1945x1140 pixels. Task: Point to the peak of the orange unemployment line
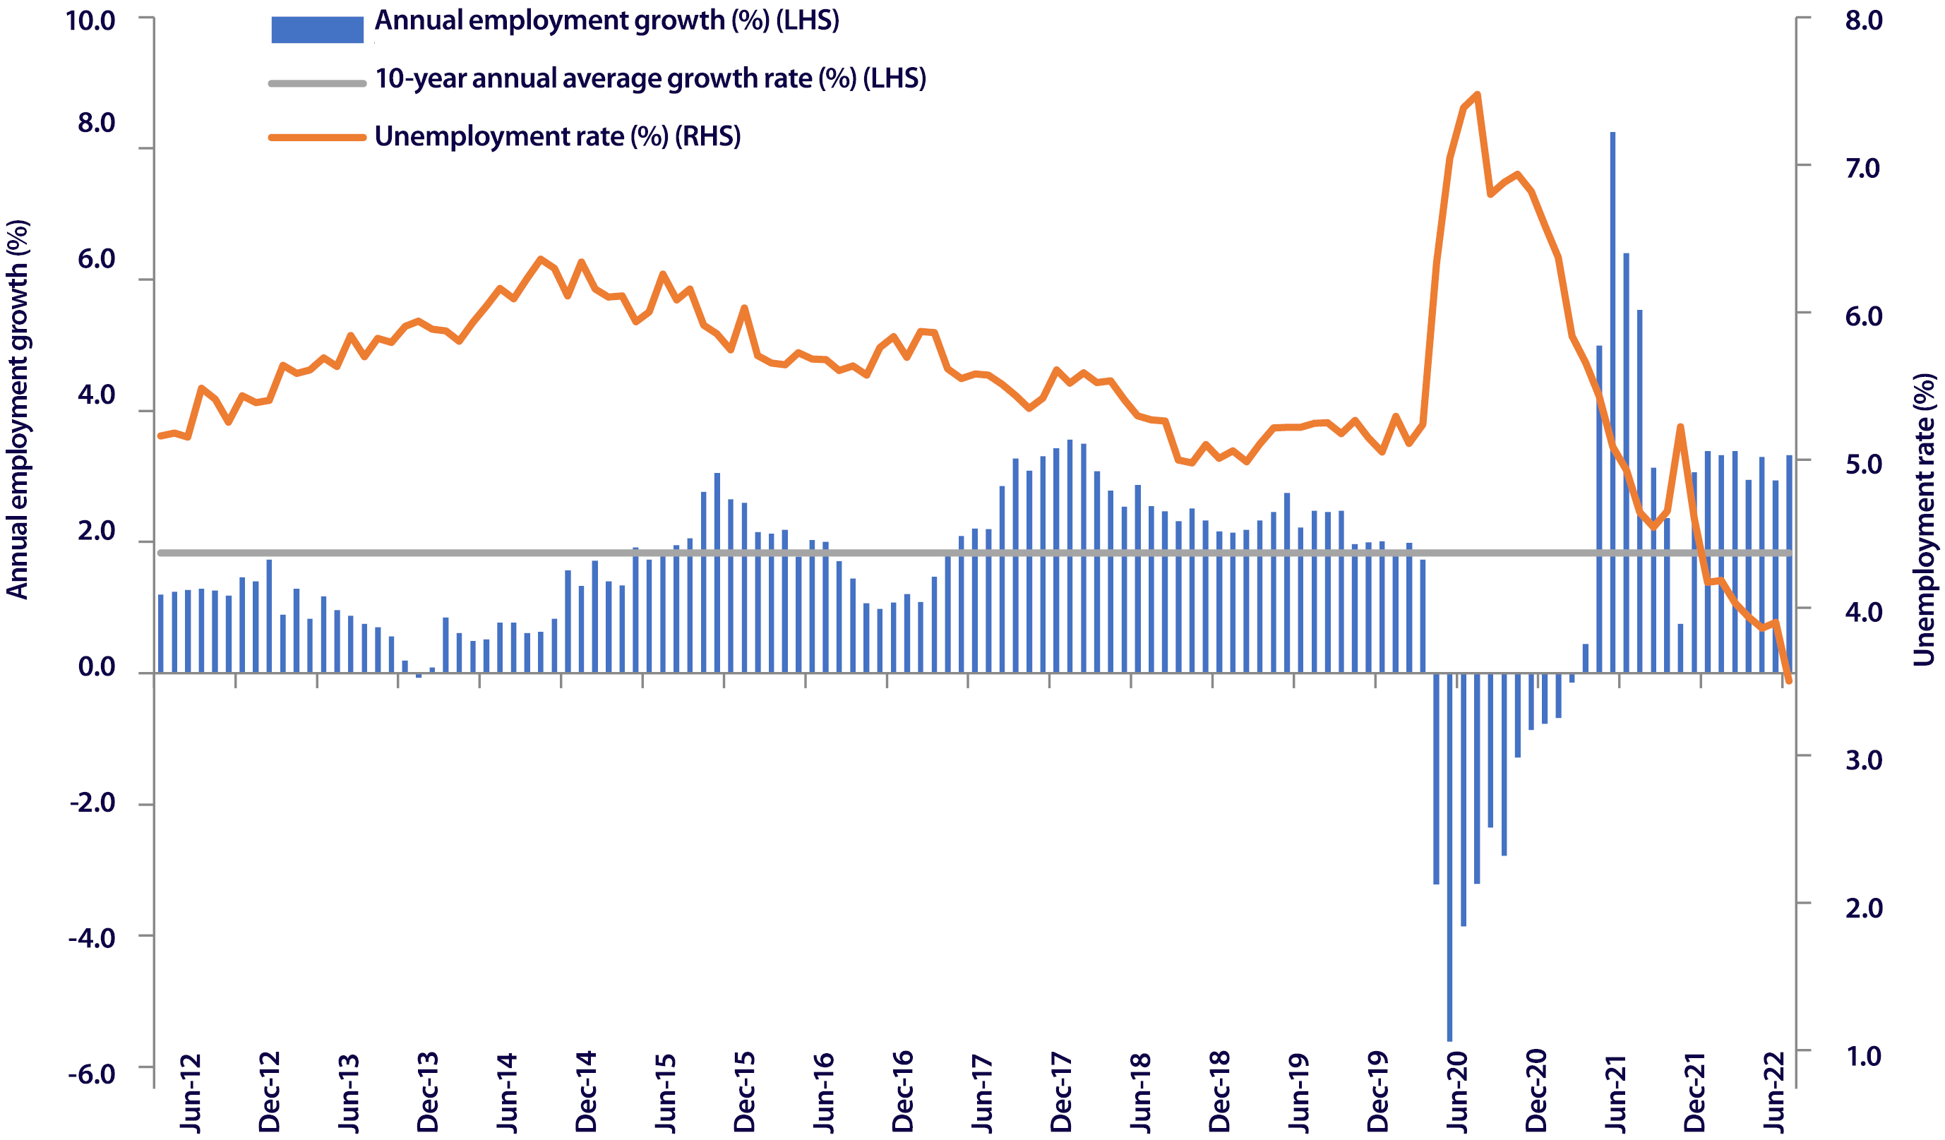1476,95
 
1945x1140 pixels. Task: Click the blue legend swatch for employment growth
317,30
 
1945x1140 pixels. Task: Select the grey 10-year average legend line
317,83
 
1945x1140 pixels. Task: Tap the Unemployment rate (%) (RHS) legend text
557,137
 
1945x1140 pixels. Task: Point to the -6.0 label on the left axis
92,1074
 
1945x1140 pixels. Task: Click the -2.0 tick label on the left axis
92,803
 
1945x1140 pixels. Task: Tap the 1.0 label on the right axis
1863,1055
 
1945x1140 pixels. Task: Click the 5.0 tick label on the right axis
1863,464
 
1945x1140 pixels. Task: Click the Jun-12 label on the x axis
191,1093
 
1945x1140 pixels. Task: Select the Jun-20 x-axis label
1456,1093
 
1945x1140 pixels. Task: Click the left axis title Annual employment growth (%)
17,409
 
